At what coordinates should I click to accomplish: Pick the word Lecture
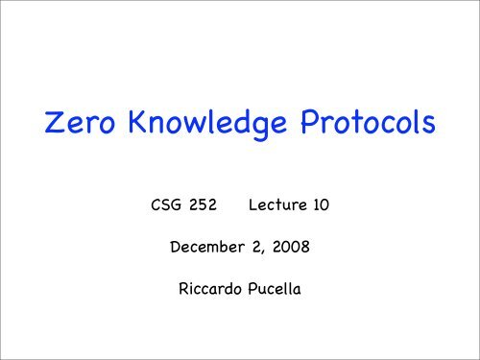[277, 206]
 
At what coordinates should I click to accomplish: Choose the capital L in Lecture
[252, 206]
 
